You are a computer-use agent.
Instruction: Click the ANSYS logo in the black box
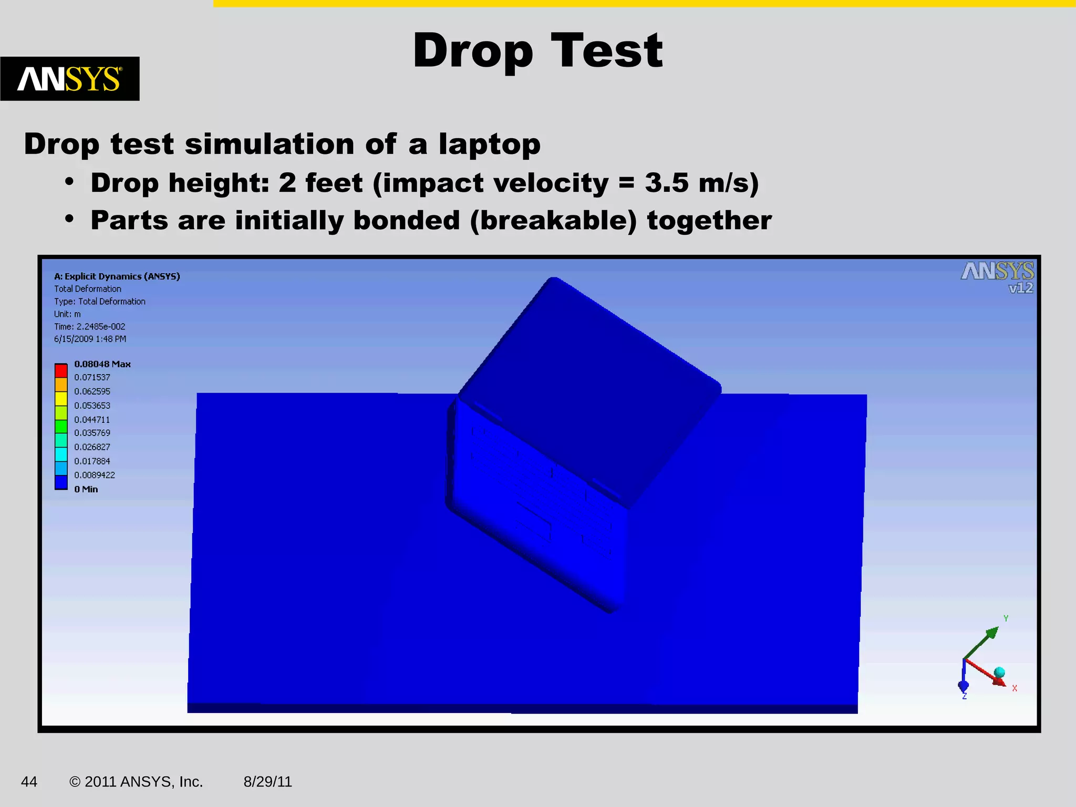[x=70, y=79]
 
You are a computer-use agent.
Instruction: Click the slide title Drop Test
[x=537, y=50]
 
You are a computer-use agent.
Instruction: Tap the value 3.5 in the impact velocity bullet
[x=666, y=183]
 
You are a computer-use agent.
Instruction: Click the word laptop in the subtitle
[x=489, y=144]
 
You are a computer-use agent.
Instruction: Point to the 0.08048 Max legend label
[x=102, y=364]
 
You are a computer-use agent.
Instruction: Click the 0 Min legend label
[x=86, y=489]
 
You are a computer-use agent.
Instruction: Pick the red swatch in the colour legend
[x=61, y=370]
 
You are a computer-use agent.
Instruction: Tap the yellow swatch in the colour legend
[x=61, y=399]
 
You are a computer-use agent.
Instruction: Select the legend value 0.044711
[x=92, y=419]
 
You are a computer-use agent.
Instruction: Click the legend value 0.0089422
[x=95, y=475]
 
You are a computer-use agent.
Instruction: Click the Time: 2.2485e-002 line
[x=90, y=326]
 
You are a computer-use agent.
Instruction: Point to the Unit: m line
[x=68, y=314]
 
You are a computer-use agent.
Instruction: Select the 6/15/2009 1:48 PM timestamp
[x=90, y=339]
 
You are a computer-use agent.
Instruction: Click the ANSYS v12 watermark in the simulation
[x=997, y=277]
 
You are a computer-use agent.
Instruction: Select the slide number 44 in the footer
[x=29, y=782]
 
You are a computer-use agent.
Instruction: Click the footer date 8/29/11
[x=267, y=782]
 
